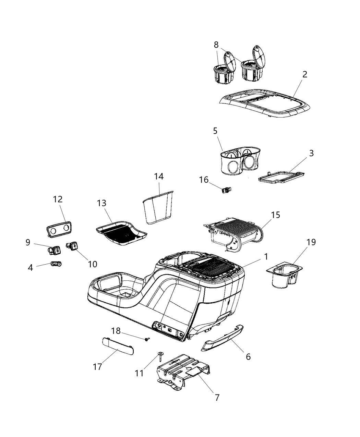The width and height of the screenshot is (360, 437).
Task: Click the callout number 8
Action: click(x=216, y=45)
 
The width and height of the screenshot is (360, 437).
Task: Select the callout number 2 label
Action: click(x=304, y=74)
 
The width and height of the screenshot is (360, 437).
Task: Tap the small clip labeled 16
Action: click(x=226, y=189)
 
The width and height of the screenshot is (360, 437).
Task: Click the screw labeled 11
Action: click(x=160, y=355)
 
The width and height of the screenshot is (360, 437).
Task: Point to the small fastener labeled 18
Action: click(x=148, y=339)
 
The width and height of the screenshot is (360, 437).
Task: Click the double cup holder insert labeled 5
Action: click(x=238, y=161)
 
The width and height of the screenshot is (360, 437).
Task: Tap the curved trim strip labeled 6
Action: click(x=223, y=336)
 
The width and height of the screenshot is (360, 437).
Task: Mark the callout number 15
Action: click(x=275, y=215)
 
